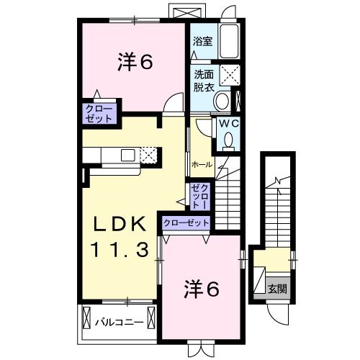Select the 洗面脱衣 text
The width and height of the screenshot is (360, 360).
[202, 79]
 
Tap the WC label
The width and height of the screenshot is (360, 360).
[228, 123]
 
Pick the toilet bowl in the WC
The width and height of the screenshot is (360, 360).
[228, 141]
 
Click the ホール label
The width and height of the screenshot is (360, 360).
[202, 165]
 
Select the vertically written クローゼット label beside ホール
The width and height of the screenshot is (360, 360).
[199, 195]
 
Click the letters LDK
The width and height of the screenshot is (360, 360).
[117, 225]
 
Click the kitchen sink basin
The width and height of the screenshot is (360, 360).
[127, 155]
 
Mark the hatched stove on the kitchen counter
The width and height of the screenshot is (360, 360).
[148, 154]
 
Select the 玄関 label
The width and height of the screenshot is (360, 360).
[277, 289]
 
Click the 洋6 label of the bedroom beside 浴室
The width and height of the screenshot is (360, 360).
[135, 63]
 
